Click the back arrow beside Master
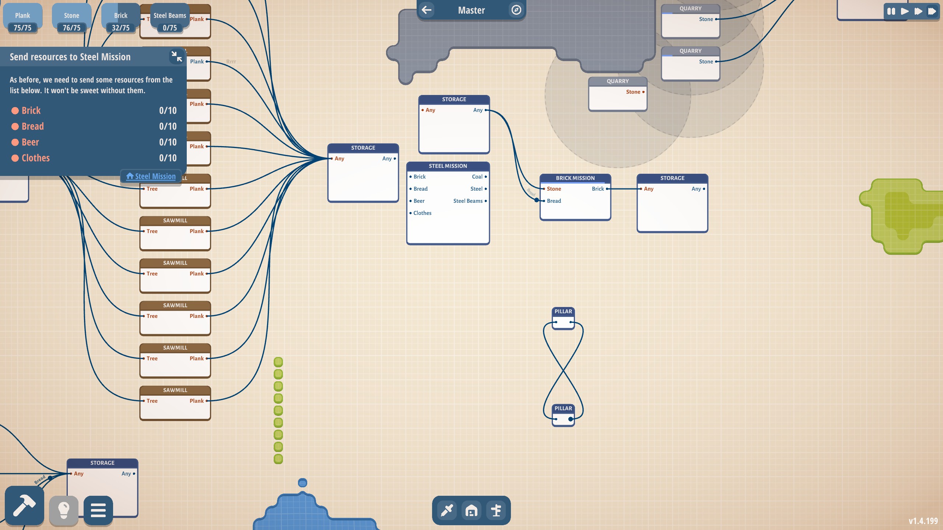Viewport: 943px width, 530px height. [x=427, y=10]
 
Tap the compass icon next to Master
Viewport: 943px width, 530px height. [x=516, y=10]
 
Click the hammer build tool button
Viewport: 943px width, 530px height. [x=24, y=506]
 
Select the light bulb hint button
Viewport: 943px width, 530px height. [x=64, y=510]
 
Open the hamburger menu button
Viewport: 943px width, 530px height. [x=98, y=510]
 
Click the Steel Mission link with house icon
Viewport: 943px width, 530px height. [x=151, y=176]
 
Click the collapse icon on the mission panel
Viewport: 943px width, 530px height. [x=176, y=57]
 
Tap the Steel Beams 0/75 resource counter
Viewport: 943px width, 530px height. [x=170, y=21]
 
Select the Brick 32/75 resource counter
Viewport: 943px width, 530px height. [x=120, y=21]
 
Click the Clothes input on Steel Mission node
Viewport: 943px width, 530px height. [x=422, y=213]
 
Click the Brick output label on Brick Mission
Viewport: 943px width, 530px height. [x=597, y=189]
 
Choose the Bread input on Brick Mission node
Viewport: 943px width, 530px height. [x=554, y=201]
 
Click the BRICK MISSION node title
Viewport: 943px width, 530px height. [x=575, y=178]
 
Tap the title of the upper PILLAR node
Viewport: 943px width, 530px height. [x=563, y=311]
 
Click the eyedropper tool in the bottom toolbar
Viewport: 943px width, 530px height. [x=447, y=510]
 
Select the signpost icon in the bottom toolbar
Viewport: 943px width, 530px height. [x=496, y=510]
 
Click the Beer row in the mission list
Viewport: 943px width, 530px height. [x=94, y=142]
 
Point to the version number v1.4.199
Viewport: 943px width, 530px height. [x=923, y=521]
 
